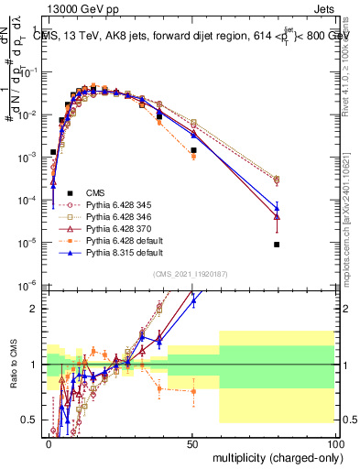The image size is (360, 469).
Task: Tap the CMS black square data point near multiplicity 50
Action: click(193, 150)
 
